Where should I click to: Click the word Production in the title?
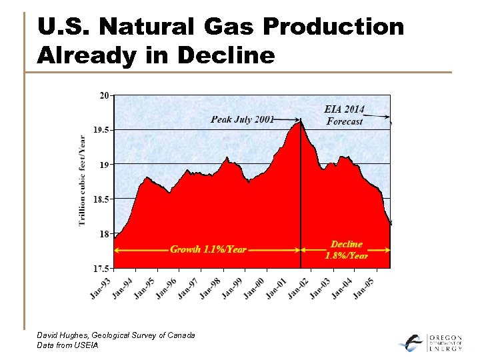pos(334,27)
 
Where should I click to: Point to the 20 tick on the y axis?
pos(105,95)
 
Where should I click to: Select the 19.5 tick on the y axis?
pos(101,130)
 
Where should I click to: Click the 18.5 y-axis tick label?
pos(101,199)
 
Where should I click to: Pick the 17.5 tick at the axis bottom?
pos(101,268)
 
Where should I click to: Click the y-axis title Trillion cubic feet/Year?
pos(83,181)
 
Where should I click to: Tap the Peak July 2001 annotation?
pos(242,119)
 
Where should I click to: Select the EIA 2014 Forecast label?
pos(345,115)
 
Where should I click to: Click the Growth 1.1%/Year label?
pos(208,249)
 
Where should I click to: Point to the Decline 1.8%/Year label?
pos(346,249)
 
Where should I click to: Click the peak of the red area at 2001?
pos(300,121)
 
